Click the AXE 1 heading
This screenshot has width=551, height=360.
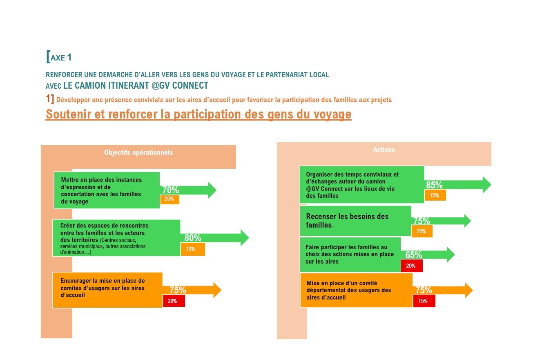point(59,57)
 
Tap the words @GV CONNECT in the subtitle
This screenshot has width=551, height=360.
point(180,85)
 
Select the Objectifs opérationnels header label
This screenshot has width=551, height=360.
point(138,152)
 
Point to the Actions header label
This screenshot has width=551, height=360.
point(384,150)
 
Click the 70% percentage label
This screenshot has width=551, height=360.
point(170,190)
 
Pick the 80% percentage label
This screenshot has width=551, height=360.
point(193,238)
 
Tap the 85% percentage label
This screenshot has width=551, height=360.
point(434,185)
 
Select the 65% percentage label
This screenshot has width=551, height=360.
point(413,255)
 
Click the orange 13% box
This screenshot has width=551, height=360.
point(193,249)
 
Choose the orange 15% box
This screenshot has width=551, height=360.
point(435,195)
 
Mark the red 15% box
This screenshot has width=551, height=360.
point(424,301)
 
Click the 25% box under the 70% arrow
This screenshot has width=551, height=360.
point(170,199)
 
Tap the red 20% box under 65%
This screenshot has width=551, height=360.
point(412,266)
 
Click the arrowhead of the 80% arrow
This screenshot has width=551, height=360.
point(245,238)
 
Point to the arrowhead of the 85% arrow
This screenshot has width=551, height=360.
point(487,185)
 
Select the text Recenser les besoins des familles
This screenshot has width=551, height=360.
point(347,221)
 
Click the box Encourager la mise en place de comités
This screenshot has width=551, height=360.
point(107,290)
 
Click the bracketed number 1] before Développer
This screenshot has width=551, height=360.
point(50,98)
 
